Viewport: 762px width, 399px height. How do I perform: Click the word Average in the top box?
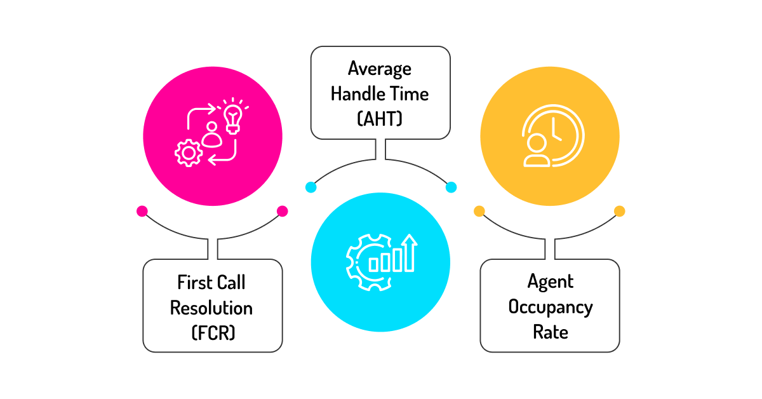click(380, 69)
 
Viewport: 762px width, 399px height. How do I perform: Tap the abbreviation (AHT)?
click(380, 119)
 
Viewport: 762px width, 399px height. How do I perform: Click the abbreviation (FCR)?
click(213, 333)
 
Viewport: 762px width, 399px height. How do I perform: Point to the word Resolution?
click(211, 308)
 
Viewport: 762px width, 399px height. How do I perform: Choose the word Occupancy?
click(551, 308)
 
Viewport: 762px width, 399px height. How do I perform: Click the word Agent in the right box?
click(551, 282)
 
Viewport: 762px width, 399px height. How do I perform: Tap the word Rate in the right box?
click(551, 332)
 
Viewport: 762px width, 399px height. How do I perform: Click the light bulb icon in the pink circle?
click(233, 117)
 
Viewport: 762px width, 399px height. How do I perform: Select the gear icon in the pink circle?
click(189, 153)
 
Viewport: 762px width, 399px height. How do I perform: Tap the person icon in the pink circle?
click(212, 135)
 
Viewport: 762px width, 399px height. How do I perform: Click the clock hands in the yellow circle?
click(556, 130)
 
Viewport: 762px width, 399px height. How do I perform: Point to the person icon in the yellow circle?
click(537, 151)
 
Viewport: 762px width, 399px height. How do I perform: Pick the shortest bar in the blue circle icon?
click(373, 265)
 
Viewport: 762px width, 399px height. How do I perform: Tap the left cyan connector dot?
click(311, 187)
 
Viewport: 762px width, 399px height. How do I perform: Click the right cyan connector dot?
click(451, 187)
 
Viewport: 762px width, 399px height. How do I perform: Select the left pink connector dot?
click(142, 211)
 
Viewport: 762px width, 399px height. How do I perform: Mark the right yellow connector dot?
click(620, 211)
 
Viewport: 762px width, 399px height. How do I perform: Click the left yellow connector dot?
click(479, 211)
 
